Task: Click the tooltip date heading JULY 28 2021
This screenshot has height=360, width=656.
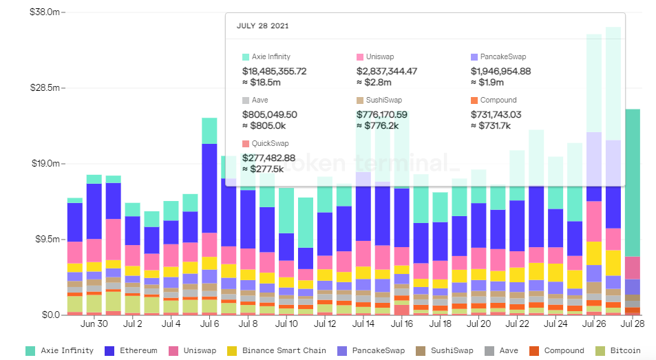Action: [x=262, y=26]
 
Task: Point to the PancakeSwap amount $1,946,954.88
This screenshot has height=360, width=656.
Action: [x=500, y=71]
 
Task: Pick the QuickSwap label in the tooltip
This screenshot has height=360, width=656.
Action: [x=271, y=143]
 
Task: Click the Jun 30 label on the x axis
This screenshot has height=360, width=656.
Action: [x=94, y=324]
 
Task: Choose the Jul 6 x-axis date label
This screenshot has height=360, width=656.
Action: [x=209, y=324]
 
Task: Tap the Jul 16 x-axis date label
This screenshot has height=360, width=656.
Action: [x=401, y=324]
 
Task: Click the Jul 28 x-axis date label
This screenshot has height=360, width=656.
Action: [x=632, y=324]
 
